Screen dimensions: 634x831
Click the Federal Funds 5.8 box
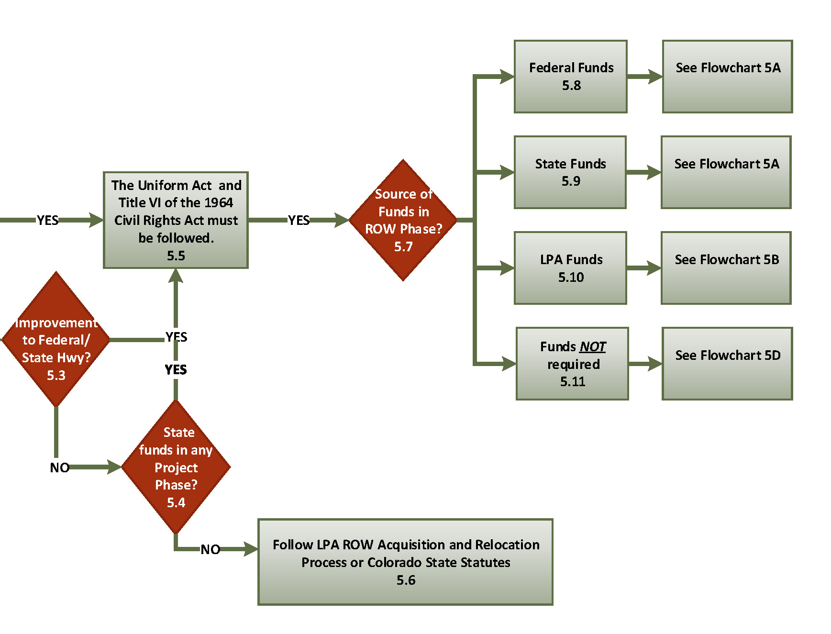(570, 77)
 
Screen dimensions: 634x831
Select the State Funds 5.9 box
(570, 172)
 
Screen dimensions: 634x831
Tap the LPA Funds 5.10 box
(570, 268)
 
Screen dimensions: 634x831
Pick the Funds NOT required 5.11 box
(572, 364)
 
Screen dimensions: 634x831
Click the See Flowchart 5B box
(726, 268)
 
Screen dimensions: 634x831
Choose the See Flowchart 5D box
(727, 364)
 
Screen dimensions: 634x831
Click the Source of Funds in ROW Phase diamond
(403, 220)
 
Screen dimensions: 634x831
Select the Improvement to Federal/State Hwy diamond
(56, 340)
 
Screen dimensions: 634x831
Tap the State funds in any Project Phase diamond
(176, 467)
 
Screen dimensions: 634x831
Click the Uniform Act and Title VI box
(176, 220)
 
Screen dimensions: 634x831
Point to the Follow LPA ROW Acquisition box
(405, 562)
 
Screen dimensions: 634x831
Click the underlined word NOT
(593, 346)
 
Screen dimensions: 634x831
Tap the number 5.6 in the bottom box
(406, 580)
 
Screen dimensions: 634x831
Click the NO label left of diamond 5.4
(59, 467)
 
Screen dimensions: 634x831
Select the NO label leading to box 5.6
(210, 549)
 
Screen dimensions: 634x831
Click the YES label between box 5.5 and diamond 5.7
(299, 220)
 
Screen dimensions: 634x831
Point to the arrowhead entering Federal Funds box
(507, 77)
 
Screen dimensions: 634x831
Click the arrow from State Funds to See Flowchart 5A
(643, 172)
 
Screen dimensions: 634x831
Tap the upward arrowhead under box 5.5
(176, 276)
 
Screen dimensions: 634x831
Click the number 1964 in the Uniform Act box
(219, 202)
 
